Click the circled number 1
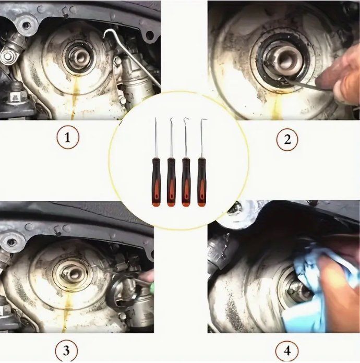68,138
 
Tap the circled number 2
287,139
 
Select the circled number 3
66,350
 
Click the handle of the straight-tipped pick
156,182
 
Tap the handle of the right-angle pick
202,182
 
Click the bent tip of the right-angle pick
205,120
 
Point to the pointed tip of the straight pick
155,119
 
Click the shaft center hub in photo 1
80,57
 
